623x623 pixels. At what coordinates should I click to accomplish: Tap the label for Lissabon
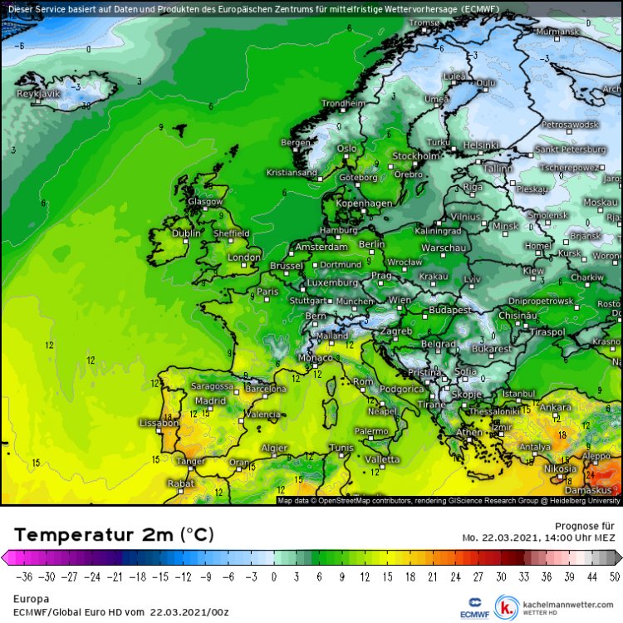point(159,423)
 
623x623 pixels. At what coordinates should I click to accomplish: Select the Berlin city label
point(371,244)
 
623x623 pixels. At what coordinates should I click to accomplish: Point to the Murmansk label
point(557,32)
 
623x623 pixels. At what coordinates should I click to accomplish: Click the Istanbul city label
point(519,393)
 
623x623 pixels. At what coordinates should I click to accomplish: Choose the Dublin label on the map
point(187,233)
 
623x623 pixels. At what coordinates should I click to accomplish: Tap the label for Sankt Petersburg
point(570,150)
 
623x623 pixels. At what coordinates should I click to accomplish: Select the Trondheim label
point(343,104)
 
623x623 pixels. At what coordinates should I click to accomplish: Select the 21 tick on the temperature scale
point(434,576)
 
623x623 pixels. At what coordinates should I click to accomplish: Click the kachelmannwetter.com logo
point(557,606)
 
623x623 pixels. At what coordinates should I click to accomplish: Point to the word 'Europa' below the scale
point(32,598)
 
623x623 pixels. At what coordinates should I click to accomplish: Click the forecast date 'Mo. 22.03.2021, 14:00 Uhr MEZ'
point(540,537)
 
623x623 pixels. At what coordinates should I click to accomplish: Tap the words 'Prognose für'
point(585,526)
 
